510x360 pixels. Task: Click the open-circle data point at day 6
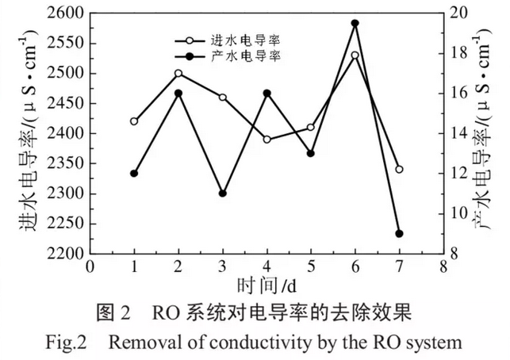[x=355, y=56]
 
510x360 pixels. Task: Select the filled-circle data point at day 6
[x=355, y=24]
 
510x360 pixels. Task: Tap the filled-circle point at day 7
[x=399, y=234]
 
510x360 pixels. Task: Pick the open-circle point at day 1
[x=134, y=121]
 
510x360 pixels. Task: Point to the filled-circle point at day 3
[x=223, y=193]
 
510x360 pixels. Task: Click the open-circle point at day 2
[x=178, y=73]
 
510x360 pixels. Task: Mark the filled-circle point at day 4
[x=267, y=93]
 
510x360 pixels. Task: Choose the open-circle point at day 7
[x=399, y=169]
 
